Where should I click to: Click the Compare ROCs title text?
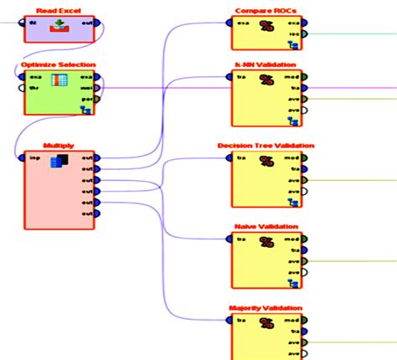tap(266, 9)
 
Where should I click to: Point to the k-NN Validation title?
tap(266, 64)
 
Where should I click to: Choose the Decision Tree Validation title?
tap(266, 146)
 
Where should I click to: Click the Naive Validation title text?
tap(266, 227)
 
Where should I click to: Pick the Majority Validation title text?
tap(266, 307)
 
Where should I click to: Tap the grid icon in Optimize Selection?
tap(59, 82)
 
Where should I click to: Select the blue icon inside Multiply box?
tap(59, 162)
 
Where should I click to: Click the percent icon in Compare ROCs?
tap(267, 27)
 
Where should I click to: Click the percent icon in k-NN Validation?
tap(267, 81)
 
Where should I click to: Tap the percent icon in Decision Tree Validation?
tap(267, 162)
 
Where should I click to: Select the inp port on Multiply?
tap(22, 157)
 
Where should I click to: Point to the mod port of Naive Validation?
tap(304, 239)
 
